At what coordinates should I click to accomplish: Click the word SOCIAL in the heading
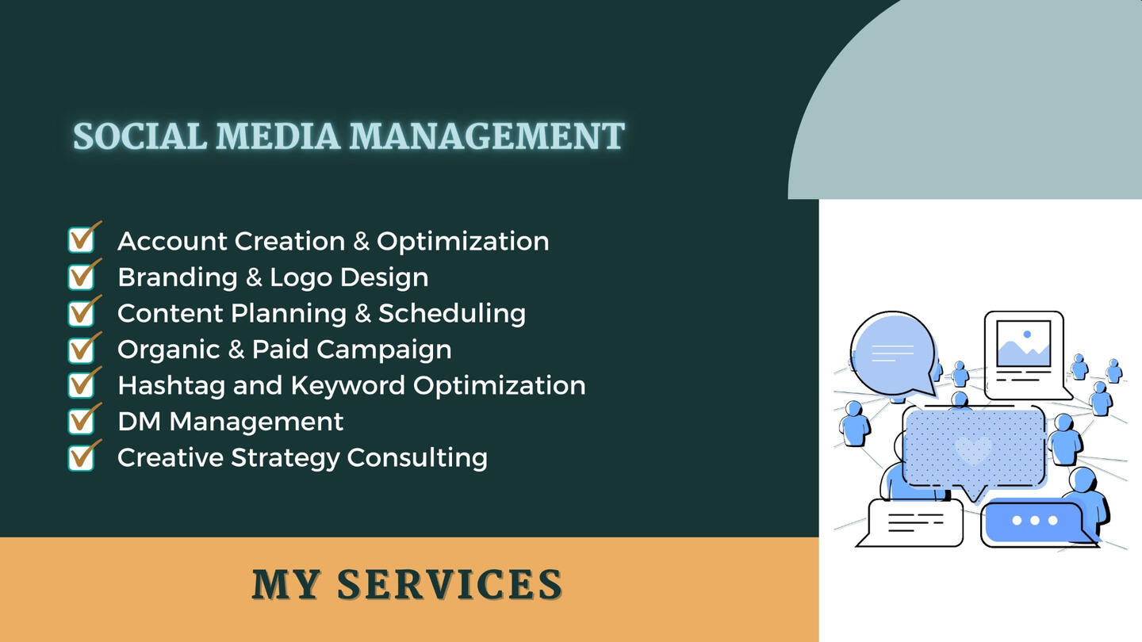click(140, 136)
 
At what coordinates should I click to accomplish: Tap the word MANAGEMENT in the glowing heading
click(487, 136)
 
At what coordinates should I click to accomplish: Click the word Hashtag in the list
click(171, 387)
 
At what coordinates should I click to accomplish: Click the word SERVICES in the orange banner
click(449, 584)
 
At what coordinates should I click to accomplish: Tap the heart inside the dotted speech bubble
click(973, 450)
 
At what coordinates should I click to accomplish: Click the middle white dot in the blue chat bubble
click(1034, 521)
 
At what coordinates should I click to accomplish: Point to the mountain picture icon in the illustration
click(1023, 344)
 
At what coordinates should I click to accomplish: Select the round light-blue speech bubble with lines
click(893, 354)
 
